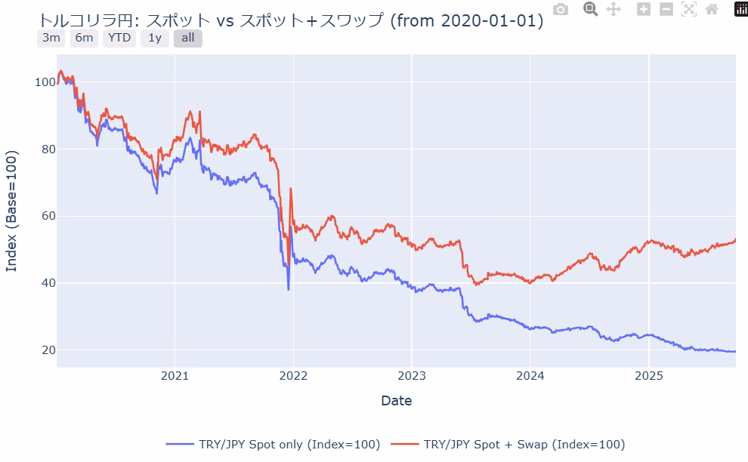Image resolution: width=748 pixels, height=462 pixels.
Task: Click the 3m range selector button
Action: point(51,38)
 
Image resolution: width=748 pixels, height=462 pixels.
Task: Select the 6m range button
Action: point(84,38)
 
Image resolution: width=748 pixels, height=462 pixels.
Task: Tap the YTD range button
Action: point(119,38)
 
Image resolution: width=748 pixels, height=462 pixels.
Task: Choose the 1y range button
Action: point(155,38)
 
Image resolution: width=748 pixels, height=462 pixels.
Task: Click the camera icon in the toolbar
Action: point(561,10)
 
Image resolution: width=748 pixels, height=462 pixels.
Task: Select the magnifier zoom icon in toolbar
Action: point(591,9)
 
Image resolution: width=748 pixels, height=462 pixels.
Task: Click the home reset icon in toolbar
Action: point(711,10)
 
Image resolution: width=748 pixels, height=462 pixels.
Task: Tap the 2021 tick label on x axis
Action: point(175,375)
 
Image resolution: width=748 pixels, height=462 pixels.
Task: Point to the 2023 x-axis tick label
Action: point(412,375)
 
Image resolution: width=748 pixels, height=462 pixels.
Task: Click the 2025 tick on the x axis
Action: point(649,375)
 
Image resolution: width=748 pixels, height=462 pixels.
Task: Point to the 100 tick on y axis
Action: point(45,82)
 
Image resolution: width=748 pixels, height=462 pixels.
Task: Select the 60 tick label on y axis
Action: point(48,216)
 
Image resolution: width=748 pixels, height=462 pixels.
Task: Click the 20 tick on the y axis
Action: point(48,350)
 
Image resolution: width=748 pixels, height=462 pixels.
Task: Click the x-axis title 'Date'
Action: point(397,400)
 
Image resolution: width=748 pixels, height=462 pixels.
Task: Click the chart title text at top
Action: point(291,20)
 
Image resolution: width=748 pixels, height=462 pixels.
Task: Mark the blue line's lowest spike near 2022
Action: point(288,289)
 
